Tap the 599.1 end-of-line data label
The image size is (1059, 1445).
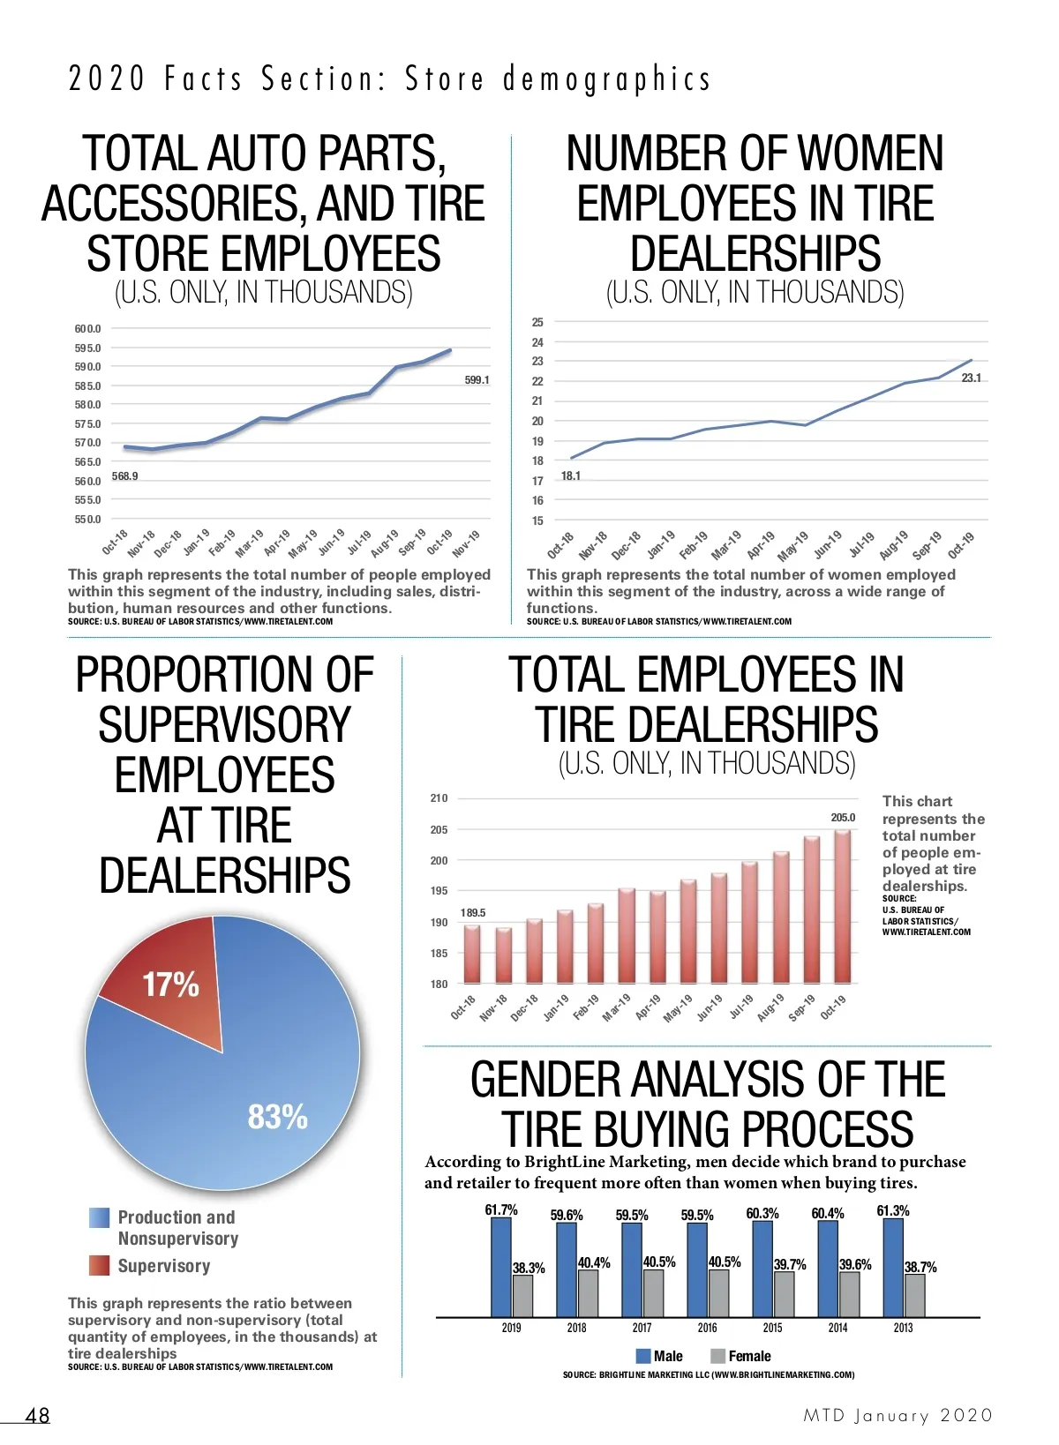pyautogui.click(x=477, y=380)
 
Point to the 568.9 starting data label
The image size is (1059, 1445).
pyautogui.click(x=125, y=476)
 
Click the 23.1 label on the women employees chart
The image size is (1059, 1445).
pyautogui.click(x=971, y=378)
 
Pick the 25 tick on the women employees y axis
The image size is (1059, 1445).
pyautogui.click(x=537, y=322)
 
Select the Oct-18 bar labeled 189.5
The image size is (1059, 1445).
pyautogui.click(x=472, y=954)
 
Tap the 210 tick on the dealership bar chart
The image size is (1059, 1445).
pyautogui.click(x=439, y=798)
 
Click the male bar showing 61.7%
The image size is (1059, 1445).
pyautogui.click(x=501, y=1267)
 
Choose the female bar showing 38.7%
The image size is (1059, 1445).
pyautogui.click(x=915, y=1295)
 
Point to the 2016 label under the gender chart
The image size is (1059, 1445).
pyautogui.click(x=707, y=1328)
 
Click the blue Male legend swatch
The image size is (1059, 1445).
pyautogui.click(x=643, y=1356)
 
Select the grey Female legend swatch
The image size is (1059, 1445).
pyautogui.click(x=717, y=1356)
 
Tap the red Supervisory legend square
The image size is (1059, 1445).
pyautogui.click(x=99, y=1266)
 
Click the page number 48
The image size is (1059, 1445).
pyautogui.click(x=38, y=1416)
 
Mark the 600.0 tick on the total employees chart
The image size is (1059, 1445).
pyautogui.click(x=87, y=329)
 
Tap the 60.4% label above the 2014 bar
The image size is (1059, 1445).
pyautogui.click(x=828, y=1214)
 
